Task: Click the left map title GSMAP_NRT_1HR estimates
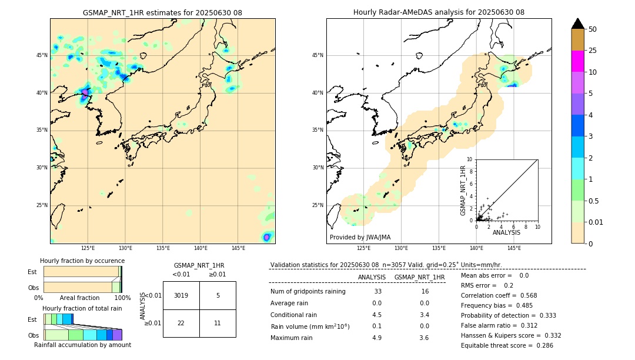pyautogui.click(x=162, y=12)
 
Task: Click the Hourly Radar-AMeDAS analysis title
pyautogui.click(x=439, y=12)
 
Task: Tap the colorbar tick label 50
pyautogui.click(x=593, y=29)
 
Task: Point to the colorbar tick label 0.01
pyautogui.click(x=595, y=222)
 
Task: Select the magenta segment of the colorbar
pyautogui.click(x=577, y=61)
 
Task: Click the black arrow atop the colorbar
pyautogui.click(x=577, y=24)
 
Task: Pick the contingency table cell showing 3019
pyautogui.click(x=181, y=295)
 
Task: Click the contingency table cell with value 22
pyautogui.click(x=181, y=323)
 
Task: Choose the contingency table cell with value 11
pyautogui.click(x=218, y=323)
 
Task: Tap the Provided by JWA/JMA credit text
pyautogui.click(x=360, y=237)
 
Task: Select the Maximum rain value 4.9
pyautogui.click(x=376, y=338)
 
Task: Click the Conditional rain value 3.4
pyautogui.click(x=424, y=314)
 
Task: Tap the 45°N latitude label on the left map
pyautogui.click(x=42, y=55)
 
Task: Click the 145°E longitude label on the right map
pyautogui.click(x=514, y=248)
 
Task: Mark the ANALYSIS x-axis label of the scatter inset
pyautogui.click(x=506, y=232)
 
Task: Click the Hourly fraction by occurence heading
pyautogui.click(x=82, y=261)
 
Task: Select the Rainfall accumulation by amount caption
pyautogui.click(x=82, y=345)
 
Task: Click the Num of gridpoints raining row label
pyautogui.click(x=308, y=292)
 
